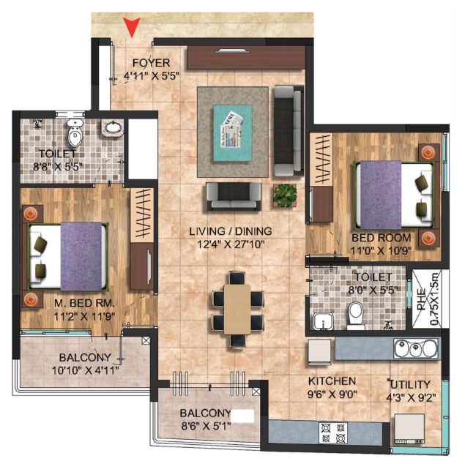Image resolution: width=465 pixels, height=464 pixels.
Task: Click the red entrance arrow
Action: pyautogui.click(x=132, y=27)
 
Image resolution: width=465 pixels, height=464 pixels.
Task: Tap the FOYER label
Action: pyautogui.click(x=151, y=63)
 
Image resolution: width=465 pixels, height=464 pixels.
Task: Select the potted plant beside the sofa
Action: pyautogui.click(x=284, y=195)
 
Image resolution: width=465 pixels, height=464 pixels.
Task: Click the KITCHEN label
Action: pyautogui.click(x=332, y=381)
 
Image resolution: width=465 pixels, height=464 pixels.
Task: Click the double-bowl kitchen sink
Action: pyautogui.click(x=415, y=348)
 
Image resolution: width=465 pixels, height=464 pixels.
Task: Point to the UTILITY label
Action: pyautogui.click(x=411, y=384)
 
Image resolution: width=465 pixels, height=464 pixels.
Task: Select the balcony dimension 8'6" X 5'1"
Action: pyautogui.click(x=204, y=425)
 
